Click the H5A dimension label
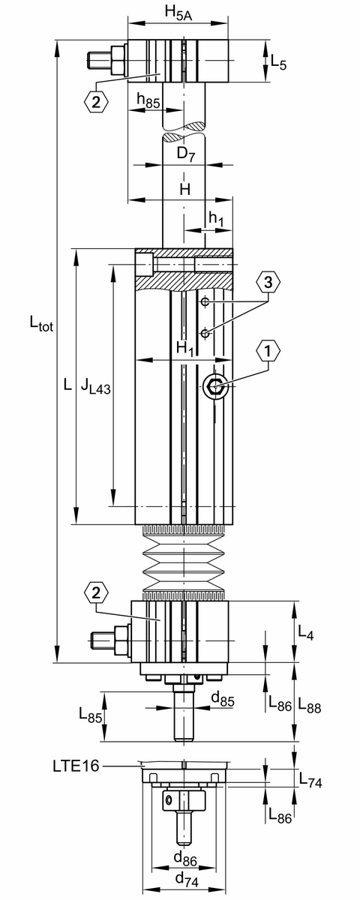[178, 13]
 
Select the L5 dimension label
[278, 63]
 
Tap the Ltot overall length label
[41, 322]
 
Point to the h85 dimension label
[148, 100]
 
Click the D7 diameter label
[186, 154]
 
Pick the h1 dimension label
[216, 218]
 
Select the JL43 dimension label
[95, 387]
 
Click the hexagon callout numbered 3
[268, 283]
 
